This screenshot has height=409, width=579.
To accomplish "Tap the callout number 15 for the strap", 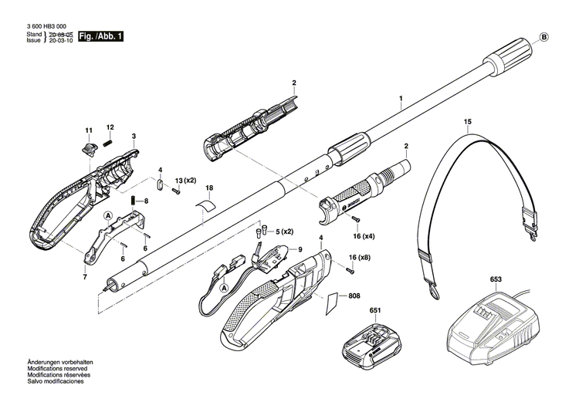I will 467,122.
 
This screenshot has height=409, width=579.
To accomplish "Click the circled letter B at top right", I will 543,37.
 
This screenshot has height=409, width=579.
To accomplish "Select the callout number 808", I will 354,296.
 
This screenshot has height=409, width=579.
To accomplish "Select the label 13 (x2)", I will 185,180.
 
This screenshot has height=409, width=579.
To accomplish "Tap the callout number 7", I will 86,276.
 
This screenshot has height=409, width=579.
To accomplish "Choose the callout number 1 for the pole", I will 401,99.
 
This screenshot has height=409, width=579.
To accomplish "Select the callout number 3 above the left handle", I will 134,136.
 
